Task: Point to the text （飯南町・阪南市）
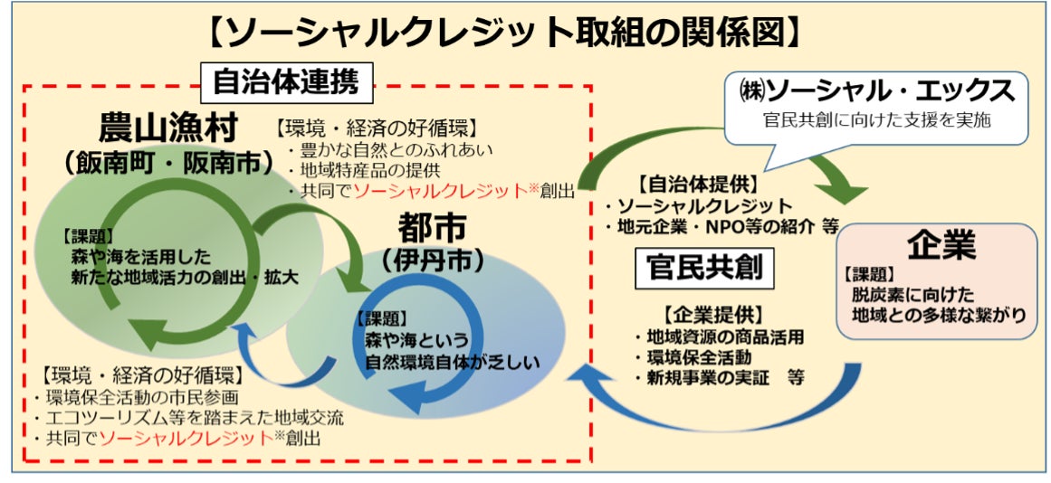(168, 163)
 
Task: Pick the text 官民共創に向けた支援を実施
(876, 120)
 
